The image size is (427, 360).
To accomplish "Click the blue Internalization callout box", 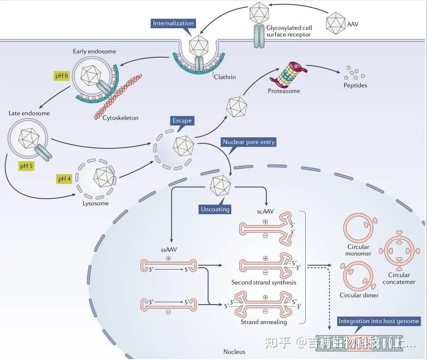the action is pos(173,24).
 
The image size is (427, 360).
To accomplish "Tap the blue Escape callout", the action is pos(182,121).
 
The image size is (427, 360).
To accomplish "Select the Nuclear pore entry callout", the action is pos(248,142).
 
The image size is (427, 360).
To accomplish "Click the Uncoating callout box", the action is pos(215,209).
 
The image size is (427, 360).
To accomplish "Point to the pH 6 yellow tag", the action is pos(61,75).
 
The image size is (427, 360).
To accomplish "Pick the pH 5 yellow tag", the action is pos(26,166).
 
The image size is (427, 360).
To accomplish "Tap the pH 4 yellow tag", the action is pos(64,179).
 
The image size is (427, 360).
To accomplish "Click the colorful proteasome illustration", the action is pos(288,73).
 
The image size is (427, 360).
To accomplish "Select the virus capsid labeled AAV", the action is pos(336,24).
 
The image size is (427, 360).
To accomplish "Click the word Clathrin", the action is pos(225,77).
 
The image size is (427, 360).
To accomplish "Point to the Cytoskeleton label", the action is pos(120,118).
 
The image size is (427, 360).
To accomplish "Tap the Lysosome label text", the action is pos(95,203).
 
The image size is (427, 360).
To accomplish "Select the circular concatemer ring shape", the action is pos(399,250).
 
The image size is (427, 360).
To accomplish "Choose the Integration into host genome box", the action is pos(378,321).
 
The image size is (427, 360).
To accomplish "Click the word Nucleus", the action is pos(234,352).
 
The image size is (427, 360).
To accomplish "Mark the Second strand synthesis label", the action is pos(263,282).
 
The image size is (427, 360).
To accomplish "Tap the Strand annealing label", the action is pos(263,322).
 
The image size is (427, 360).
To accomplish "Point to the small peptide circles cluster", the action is pos(354,73).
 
